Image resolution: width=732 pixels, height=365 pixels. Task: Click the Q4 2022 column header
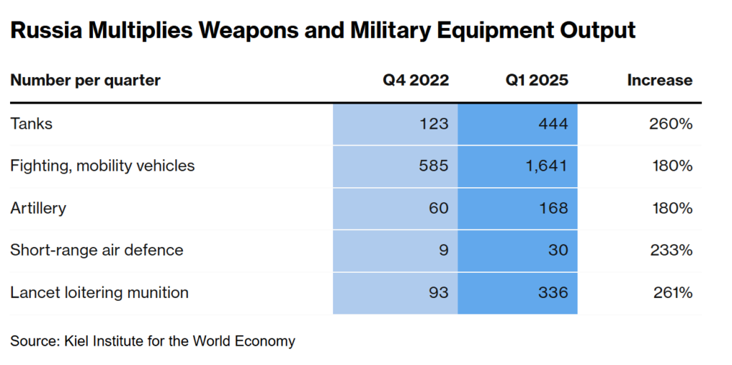tap(415, 80)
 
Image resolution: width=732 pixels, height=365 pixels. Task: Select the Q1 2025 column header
tap(537, 80)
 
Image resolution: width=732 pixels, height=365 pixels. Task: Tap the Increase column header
tap(659, 80)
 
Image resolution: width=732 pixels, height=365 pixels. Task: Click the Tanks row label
tap(31, 124)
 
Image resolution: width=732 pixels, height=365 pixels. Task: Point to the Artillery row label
tap(38, 208)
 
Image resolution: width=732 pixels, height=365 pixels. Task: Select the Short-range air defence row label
tap(97, 250)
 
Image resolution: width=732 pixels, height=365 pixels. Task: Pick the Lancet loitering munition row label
tap(99, 292)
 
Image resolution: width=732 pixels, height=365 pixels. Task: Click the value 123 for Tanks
tap(434, 124)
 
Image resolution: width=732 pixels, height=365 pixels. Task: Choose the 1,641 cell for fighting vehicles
tap(546, 166)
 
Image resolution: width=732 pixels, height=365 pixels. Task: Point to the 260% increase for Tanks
tap(671, 124)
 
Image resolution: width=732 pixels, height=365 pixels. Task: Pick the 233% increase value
tap(671, 250)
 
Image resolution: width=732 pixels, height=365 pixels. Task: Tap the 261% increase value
tap(672, 292)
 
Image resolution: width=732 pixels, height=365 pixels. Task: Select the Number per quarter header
tap(85, 80)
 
